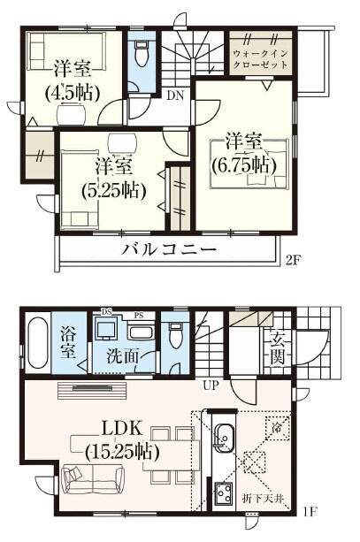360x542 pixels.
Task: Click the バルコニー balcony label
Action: pyautogui.click(x=169, y=249)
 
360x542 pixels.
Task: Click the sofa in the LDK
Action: pyautogui.click(x=92, y=477)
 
